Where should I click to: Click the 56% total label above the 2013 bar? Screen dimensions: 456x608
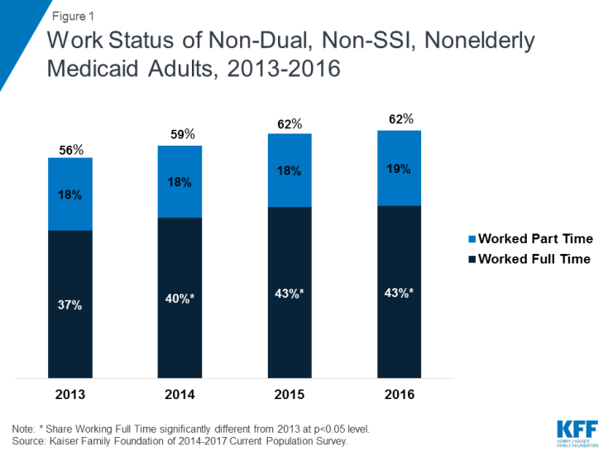(70, 150)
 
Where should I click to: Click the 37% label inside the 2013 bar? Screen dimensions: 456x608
(70, 305)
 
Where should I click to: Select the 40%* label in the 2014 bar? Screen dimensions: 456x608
(180, 300)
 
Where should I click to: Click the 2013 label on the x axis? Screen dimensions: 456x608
(70, 395)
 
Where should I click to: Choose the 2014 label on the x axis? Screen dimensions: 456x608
(180, 395)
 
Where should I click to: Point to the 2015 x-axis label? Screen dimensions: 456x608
(290, 395)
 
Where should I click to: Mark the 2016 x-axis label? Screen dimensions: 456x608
(399, 395)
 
